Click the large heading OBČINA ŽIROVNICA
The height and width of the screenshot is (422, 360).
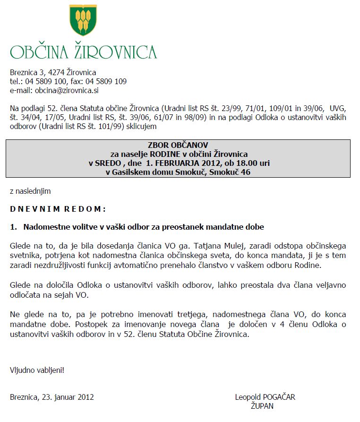coord(84,52)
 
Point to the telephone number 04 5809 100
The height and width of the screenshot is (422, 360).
coord(48,81)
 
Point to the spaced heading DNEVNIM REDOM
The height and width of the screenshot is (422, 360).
coord(58,209)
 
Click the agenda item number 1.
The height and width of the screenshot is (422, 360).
coord(13,227)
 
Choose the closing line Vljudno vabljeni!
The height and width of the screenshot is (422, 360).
coord(37,370)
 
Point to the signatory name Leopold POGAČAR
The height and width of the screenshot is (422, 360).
coord(265,397)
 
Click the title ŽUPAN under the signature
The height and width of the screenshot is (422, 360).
coord(262,406)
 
